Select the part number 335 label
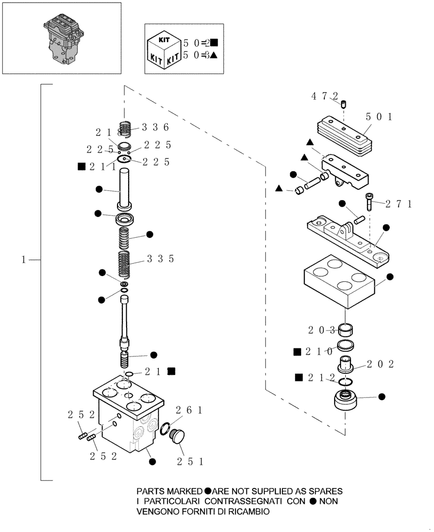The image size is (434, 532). click(160, 259)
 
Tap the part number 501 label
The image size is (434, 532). click(379, 117)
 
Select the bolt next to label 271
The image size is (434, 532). click(370, 203)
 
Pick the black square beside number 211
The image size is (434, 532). click(81, 167)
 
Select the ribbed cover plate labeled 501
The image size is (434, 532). click(340, 131)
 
